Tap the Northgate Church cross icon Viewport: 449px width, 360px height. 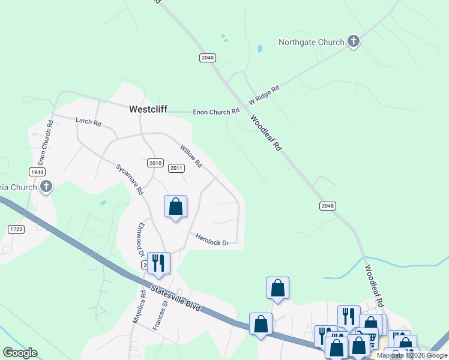(x=354, y=41)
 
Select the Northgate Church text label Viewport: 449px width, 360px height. (x=311, y=42)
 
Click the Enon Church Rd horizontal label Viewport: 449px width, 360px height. (x=216, y=112)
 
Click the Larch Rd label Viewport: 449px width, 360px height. (x=88, y=121)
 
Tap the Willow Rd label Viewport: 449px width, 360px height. (x=191, y=155)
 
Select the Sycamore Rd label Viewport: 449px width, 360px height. (x=130, y=179)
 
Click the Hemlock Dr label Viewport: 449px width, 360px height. (x=212, y=239)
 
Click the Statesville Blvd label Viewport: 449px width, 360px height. (x=175, y=299)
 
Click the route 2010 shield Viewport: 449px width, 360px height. (x=155, y=163)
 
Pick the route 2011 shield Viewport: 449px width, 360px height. (x=176, y=168)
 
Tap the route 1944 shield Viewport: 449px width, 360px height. (x=38, y=172)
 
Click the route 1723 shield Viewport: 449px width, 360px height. (x=16, y=229)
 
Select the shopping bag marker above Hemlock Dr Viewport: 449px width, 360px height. (x=176, y=206)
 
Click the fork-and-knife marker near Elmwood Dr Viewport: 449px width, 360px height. (x=158, y=263)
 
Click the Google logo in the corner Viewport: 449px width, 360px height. (x=20, y=353)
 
